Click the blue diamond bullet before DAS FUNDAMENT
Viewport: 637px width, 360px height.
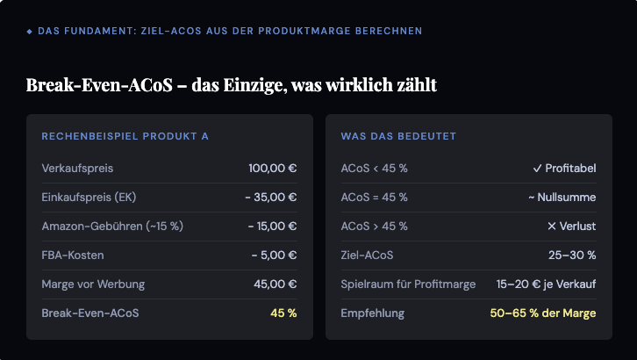(x=29, y=32)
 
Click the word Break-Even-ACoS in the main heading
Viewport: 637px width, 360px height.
(x=99, y=85)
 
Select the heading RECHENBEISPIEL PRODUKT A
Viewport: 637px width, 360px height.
(x=125, y=136)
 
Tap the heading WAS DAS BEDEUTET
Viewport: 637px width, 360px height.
(x=398, y=136)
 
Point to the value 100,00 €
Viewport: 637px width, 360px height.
(x=273, y=169)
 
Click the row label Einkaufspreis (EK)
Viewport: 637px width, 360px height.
(x=89, y=198)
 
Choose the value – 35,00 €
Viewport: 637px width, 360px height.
(x=271, y=198)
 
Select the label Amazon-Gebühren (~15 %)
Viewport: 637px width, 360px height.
(x=112, y=227)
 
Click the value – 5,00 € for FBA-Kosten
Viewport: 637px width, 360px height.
(x=275, y=256)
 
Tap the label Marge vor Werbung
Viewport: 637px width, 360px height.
(x=93, y=284)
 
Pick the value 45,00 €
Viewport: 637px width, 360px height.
(x=275, y=284)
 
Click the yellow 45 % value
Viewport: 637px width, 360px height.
(x=283, y=313)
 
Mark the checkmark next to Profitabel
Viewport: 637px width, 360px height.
(x=537, y=169)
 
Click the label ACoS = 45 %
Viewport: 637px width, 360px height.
(x=374, y=198)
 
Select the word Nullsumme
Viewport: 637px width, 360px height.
(x=567, y=198)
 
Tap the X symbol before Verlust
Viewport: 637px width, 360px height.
(x=551, y=227)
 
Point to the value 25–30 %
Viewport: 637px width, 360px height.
(x=572, y=256)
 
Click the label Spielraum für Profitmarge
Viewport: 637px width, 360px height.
(x=408, y=284)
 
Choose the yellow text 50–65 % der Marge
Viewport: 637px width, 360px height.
(x=543, y=313)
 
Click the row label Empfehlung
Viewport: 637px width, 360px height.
(x=373, y=313)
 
